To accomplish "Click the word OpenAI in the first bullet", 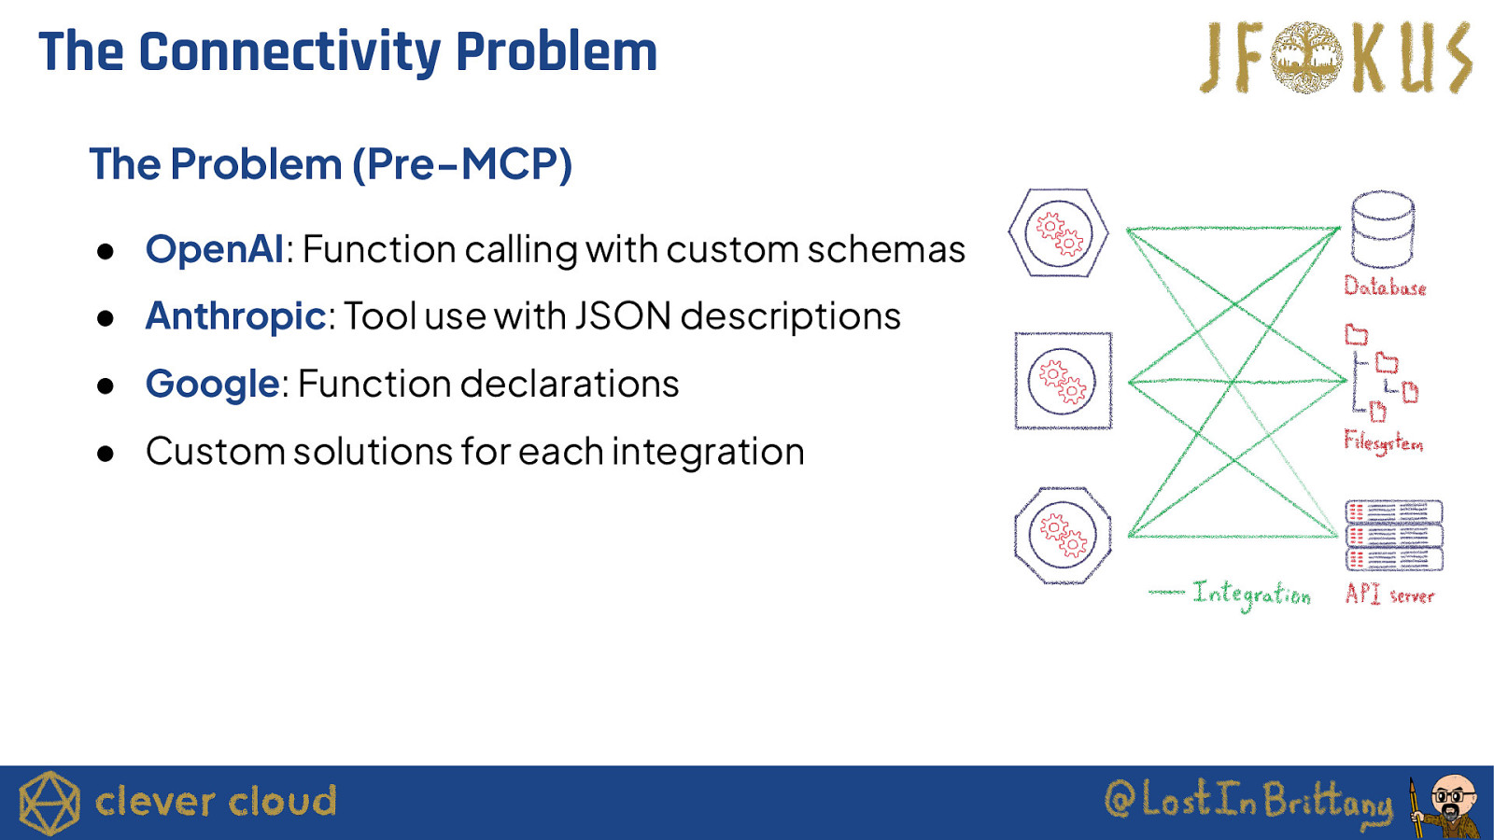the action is coord(215,249).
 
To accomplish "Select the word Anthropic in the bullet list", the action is coord(235,315).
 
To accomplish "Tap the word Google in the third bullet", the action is coord(212,384).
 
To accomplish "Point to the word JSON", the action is coord(622,315).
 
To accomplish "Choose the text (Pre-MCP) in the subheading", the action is coord(462,164).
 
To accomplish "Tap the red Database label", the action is coord(1385,287).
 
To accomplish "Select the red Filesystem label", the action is coord(1383,441).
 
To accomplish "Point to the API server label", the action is coord(1389,594).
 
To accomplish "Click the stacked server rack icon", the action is coord(1394,536).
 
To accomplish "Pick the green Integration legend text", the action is coord(1252,594).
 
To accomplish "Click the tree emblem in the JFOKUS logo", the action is coord(1306,57).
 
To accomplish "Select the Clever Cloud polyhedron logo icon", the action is coord(49,804).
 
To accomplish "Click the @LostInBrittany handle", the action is coord(1248,802).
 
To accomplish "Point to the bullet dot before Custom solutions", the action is coord(106,454).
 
